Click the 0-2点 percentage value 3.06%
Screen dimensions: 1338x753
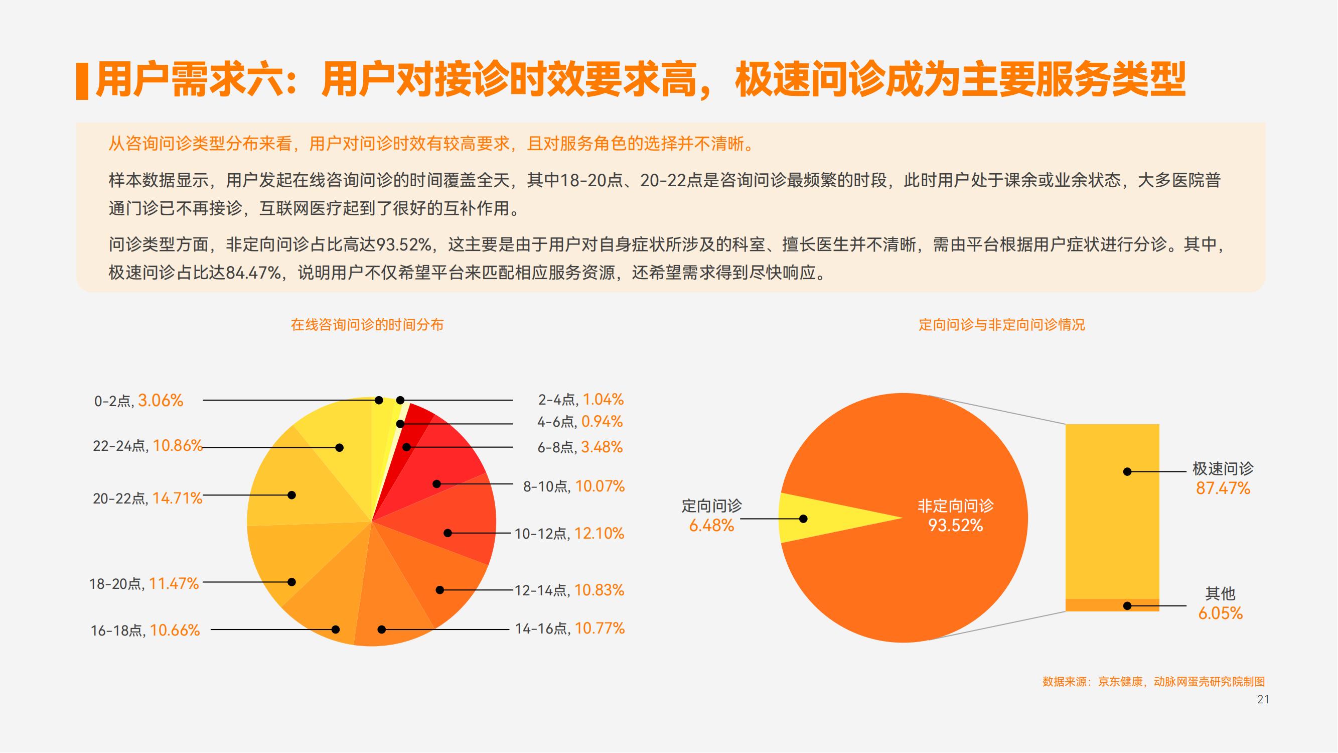tap(161, 401)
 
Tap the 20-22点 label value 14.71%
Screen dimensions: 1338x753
tap(177, 498)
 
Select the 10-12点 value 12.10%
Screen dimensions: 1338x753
tap(600, 533)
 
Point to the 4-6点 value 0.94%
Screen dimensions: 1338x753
tap(602, 422)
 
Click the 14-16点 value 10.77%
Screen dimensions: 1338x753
tap(600, 629)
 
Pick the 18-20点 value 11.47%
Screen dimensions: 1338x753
tap(174, 584)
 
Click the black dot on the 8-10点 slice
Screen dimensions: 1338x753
tap(437, 484)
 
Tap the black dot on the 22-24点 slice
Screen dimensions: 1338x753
tap(340, 447)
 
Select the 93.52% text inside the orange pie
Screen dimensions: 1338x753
tap(956, 526)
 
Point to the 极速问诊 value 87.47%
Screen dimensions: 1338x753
tap(1223, 488)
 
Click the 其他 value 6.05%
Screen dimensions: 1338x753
tap(1221, 613)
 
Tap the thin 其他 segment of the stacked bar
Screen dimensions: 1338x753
tap(1113, 605)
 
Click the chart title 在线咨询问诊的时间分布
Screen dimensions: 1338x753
tap(367, 325)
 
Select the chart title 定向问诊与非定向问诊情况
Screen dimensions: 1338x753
tap(1002, 325)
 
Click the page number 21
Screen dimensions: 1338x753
tap(1263, 699)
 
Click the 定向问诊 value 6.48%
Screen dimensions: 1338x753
tap(711, 526)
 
